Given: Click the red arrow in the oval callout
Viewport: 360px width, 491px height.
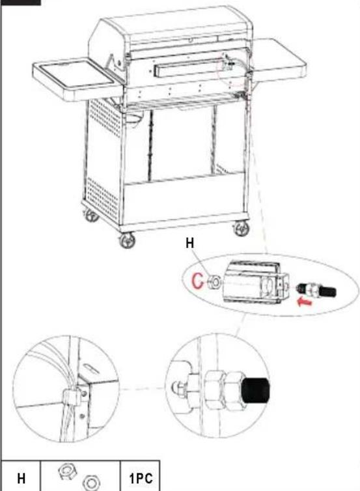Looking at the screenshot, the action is [x=304, y=302].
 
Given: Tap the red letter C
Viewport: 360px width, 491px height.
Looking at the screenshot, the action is [x=197, y=281].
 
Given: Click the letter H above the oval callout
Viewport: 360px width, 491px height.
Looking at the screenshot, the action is [x=189, y=243].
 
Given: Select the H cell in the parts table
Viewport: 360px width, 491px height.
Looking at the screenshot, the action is [x=21, y=478].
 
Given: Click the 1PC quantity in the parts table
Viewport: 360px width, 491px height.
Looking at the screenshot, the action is [x=141, y=478].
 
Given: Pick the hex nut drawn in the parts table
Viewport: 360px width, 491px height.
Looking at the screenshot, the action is [x=67, y=472].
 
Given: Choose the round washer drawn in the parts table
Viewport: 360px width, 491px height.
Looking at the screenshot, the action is [x=91, y=483].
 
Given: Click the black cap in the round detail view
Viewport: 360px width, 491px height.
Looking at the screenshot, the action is [x=255, y=390].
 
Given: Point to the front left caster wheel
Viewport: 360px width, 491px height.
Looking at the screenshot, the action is [x=128, y=240].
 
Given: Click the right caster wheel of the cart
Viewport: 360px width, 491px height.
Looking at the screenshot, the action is [x=242, y=229].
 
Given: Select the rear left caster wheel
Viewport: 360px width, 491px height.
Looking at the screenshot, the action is [x=91, y=215].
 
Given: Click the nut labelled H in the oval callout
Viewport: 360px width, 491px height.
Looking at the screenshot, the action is [x=214, y=281].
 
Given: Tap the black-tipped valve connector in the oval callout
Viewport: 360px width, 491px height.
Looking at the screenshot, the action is [x=316, y=291].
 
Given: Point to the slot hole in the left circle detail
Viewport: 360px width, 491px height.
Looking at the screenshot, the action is [x=91, y=368].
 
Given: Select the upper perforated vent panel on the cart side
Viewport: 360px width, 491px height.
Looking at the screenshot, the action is [x=105, y=118].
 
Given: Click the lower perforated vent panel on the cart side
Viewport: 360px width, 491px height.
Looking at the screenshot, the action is [x=102, y=197].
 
